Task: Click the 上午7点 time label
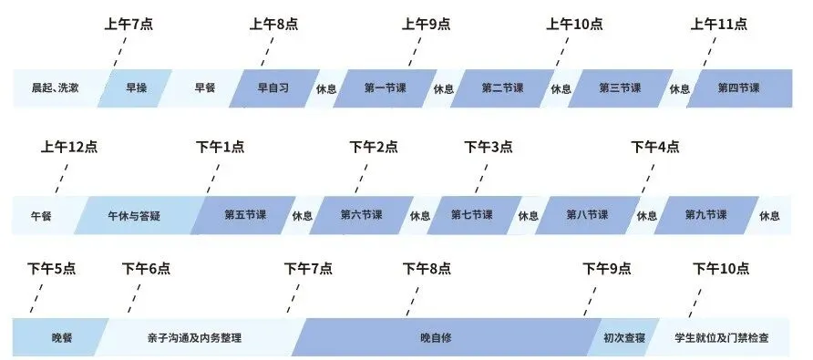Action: click(129, 25)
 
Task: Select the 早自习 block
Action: click(273, 88)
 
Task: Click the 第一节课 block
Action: click(386, 88)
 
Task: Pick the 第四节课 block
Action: click(739, 88)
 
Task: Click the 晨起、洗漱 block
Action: click(54, 88)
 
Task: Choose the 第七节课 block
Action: click(472, 215)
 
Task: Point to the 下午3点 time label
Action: click(488, 146)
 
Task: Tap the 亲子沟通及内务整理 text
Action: click(194, 338)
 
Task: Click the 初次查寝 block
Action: click(624, 338)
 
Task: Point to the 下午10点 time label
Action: click(721, 269)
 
